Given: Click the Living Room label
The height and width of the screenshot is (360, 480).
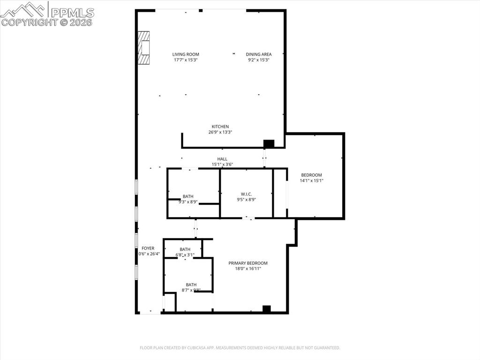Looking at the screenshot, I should [x=186, y=54].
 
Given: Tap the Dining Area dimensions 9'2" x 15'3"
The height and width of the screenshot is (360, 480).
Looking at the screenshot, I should [x=259, y=60].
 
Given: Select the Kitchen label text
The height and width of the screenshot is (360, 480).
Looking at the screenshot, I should [x=220, y=127].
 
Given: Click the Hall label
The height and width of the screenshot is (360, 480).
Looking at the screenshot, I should [x=222, y=159].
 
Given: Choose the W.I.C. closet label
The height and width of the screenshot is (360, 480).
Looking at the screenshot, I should [x=247, y=194].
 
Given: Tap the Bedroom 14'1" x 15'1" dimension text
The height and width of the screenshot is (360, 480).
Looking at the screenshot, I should [x=312, y=180].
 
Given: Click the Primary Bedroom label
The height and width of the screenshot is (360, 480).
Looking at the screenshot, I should [x=248, y=263].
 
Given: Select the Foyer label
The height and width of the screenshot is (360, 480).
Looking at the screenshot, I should [x=148, y=248].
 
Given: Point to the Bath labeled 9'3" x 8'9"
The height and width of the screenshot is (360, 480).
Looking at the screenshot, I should [x=188, y=196].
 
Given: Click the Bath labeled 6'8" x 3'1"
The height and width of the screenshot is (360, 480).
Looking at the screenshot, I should [x=185, y=249].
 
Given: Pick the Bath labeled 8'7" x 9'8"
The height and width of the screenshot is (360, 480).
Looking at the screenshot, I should [x=191, y=285].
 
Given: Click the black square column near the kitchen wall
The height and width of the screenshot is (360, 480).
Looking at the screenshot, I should [x=269, y=144].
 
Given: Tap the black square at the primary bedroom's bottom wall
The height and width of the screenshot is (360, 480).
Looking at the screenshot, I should [x=267, y=309].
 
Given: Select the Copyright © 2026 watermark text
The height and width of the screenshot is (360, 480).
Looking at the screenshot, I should [x=47, y=22].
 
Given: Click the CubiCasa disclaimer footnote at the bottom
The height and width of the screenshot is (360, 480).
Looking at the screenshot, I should [x=240, y=348].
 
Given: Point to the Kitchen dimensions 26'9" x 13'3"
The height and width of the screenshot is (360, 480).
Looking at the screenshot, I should [x=220, y=132].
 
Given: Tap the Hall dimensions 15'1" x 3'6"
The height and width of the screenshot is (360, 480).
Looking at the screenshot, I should [x=222, y=165].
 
